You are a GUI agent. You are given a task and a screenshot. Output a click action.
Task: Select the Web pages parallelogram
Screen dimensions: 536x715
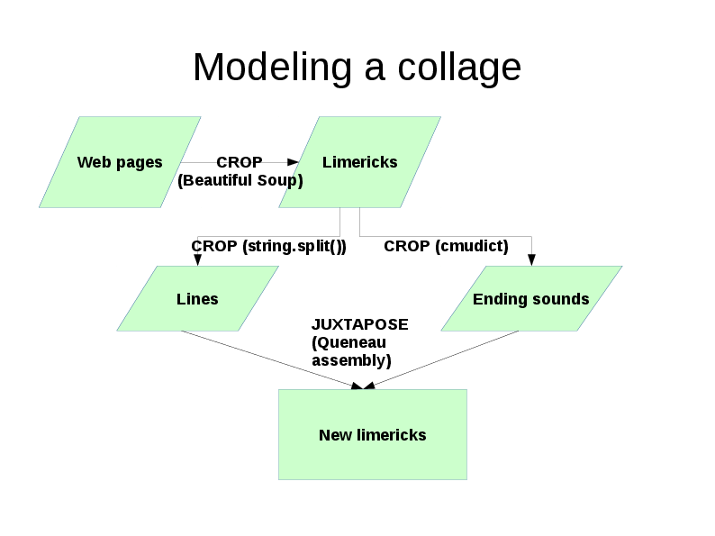pyautogui.click(x=120, y=162)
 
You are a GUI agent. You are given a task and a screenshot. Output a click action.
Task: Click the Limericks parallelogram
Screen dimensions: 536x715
pyautogui.click(x=359, y=162)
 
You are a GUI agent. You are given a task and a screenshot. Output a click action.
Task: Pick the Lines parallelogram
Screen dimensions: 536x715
pyautogui.click(x=197, y=299)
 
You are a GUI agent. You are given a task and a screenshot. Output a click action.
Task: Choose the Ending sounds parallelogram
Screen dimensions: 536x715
pyautogui.click(x=531, y=299)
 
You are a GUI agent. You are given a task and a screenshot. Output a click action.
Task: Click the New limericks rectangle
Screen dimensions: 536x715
pyautogui.click(x=372, y=435)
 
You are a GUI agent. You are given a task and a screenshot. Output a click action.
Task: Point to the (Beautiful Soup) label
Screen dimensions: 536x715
pyautogui.click(x=240, y=181)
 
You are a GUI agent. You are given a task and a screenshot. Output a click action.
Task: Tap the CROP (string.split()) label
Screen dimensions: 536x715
pyautogui.click(x=268, y=246)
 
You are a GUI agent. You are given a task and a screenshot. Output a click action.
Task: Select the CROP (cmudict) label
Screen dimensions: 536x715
pyautogui.click(x=446, y=246)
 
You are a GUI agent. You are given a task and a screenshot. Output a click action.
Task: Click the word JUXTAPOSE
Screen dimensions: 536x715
pyautogui.click(x=359, y=324)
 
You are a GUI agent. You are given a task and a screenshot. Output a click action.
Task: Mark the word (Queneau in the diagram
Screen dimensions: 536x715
pyautogui.click(x=348, y=342)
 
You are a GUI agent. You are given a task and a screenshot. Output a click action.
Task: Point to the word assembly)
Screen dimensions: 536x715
pyautogui.click(x=351, y=360)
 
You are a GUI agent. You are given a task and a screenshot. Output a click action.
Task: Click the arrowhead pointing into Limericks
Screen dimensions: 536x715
pyautogui.click(x=293, y=162)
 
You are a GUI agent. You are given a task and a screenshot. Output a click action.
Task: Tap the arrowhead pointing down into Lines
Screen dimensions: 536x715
pyautogui.click(x=197, y=260)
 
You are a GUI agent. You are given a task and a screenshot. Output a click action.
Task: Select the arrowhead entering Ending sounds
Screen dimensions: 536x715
pyautogui.click(x=531, y=260)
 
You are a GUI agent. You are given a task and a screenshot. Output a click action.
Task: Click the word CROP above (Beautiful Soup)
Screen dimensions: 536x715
pyautogui.click(x=240, y=162)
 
